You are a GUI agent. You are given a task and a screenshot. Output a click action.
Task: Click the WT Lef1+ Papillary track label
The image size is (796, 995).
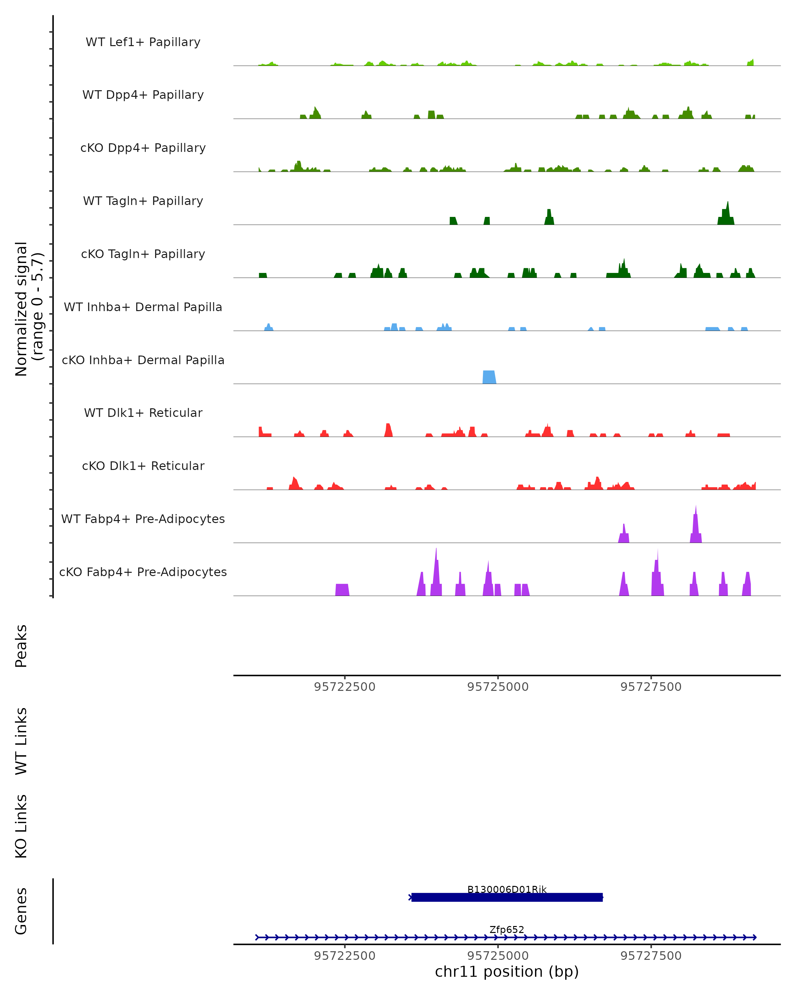(x=143, y=42)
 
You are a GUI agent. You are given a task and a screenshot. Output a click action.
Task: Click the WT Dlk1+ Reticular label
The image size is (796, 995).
(x=143, y=413)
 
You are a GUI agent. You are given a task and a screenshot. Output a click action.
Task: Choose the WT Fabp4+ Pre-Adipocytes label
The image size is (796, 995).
(x=143, y=519)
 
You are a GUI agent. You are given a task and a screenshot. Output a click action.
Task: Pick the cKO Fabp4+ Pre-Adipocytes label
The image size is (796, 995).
(x=143, y=572)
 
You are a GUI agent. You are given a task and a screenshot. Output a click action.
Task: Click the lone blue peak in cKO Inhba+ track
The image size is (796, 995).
(x=489, y=377)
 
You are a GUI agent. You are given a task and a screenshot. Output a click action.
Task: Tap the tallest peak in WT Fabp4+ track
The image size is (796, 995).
(x=696, y=526)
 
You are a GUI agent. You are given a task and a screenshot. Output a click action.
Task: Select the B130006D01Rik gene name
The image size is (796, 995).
(x=507, y=889)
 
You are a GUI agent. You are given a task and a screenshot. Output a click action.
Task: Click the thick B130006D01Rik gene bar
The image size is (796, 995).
(x=507, y=897)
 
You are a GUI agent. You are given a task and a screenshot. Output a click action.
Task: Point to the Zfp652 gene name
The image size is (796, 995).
(x=507, y=929)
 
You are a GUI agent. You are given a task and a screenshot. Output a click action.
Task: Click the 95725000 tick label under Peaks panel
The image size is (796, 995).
(x=498, y=687)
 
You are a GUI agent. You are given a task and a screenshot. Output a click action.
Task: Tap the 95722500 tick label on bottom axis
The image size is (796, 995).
(x=345, y=956)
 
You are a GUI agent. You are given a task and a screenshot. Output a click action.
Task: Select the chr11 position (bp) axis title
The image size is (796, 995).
(x=507, y=971)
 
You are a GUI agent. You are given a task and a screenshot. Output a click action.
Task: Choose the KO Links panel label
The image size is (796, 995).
(x=21, y=826)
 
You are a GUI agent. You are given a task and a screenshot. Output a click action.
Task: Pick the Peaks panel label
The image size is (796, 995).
(x=21, y=646)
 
